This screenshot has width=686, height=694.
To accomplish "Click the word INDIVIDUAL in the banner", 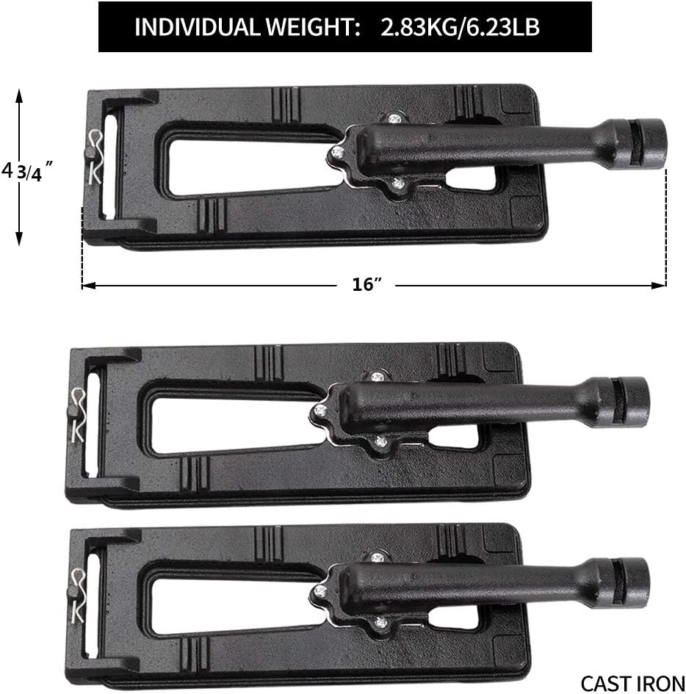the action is (x=197, y=27).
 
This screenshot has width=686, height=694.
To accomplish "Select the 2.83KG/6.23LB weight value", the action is (x=460, y=27).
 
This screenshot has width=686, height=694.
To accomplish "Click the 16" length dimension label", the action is (x=367, y=284).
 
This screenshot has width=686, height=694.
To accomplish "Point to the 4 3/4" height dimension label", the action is (x=27, y=171).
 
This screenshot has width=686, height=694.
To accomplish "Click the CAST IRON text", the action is (x=632, y=684).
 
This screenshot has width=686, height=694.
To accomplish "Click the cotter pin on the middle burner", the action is (x=78, y=414).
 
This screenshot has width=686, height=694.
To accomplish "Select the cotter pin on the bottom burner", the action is (x=79, y=595).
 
